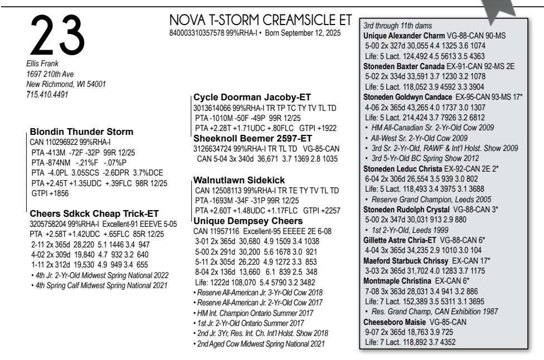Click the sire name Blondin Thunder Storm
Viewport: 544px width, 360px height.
(x=81, y=132)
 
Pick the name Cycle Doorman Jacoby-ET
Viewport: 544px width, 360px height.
(x=252, y=97)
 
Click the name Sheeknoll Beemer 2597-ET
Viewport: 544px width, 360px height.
(x=252, y=138)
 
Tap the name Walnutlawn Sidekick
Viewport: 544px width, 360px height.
(x=239, y=179)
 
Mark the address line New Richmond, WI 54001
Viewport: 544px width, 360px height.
(x=66, y=84)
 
